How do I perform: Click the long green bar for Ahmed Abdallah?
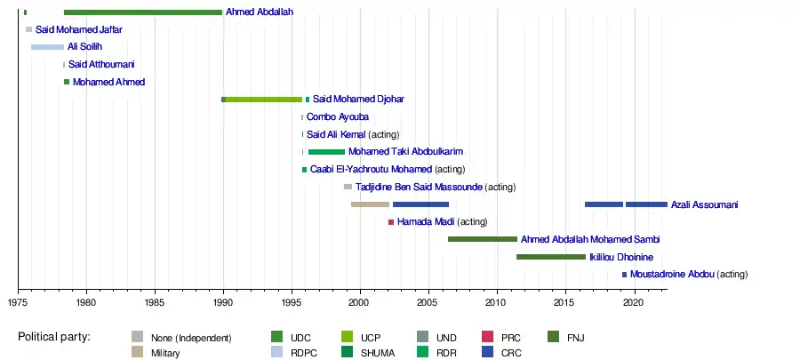point(142,12)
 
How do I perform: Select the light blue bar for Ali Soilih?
point(47,47)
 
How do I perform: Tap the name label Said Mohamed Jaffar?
point(78,30)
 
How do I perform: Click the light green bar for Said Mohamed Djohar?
point(264,100)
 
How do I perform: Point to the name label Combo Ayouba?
point(338,116)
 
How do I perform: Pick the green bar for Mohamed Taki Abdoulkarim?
point(326,152)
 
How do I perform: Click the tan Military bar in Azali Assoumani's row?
point(370,204)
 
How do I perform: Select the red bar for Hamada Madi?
point(391,222)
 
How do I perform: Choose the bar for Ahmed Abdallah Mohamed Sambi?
point(483,239)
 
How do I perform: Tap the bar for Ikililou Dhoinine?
point(551,257)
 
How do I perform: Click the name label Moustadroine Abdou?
point(672,275)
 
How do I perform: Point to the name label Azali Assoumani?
point(704,204)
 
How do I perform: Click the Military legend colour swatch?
point(137,352)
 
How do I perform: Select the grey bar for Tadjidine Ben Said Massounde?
point(348,187)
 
